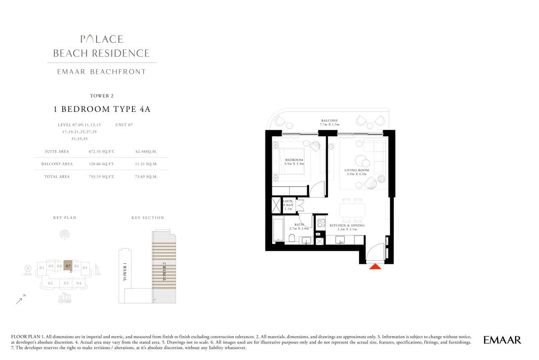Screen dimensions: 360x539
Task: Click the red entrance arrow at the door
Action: coord(375,267)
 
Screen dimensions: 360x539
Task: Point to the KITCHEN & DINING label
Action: coord(347,227)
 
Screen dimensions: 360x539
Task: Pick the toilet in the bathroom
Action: coord(292,238)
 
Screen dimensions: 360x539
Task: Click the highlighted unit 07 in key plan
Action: coord(68,266)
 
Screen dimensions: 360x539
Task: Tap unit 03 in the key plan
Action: coord(66,283)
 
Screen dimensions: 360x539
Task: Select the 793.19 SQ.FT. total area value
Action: coord(102,177)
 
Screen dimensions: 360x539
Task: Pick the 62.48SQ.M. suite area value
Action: coord(146,152)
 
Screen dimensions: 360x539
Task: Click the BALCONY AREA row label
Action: coord(57,164)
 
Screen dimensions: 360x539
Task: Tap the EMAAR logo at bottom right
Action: coord(502,340)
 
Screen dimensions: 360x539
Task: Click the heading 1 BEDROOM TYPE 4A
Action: coord(102,109)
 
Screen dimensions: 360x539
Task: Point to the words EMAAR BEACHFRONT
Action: coord(102,71)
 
